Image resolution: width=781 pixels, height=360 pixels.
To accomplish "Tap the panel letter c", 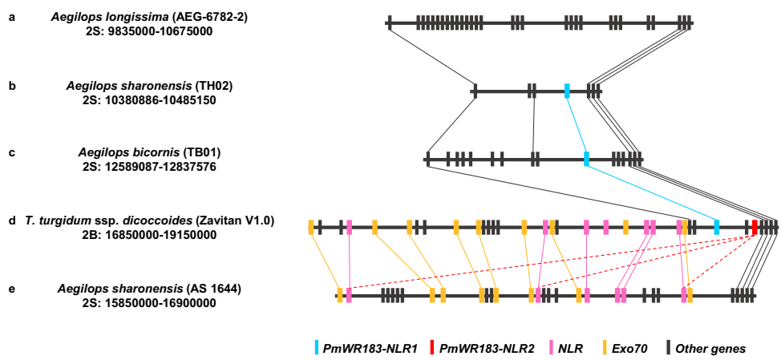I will click(x=12, y=152).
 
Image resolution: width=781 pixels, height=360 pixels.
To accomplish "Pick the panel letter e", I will click(x=12, y=288).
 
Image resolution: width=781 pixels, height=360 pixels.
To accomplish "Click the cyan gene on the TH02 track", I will click(x=567, y=91).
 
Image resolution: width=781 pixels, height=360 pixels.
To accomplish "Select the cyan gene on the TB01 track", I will click(x=586, y=160).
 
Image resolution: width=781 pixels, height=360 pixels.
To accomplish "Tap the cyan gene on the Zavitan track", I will click(x=717, y=227).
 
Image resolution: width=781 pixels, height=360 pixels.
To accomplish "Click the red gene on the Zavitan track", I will click(x=755, y=227).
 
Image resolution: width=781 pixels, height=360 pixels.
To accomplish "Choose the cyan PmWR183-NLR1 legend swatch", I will click(x=318, y=348).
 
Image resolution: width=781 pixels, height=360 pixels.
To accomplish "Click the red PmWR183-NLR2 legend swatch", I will click(x=431, y=348).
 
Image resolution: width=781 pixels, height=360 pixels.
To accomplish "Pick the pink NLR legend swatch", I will click(x=552, y=348).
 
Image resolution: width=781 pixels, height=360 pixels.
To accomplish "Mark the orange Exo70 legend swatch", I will click(x=603, y=348).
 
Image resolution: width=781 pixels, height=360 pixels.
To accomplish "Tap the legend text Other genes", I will click(x=710, y=349).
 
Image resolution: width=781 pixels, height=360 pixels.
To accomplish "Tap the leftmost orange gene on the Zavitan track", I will click(x=311, y=227).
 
